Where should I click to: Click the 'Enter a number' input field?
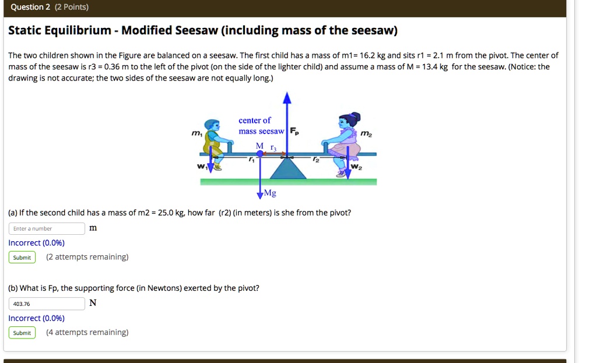pos(47,228)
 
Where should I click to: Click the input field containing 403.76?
pos(47,304)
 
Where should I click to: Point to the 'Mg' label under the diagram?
pos(270,193)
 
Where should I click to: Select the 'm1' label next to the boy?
pos(196,134)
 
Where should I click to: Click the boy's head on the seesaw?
pos(213,126)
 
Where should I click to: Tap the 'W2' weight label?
pos(357,167)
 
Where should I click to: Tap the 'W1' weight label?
pos(202,166)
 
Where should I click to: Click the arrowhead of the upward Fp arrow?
pos(286,97)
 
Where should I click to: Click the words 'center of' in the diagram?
pos(255,121)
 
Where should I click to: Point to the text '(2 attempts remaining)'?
pos(87,257)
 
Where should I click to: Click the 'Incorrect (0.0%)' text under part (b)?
pos(36,318)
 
